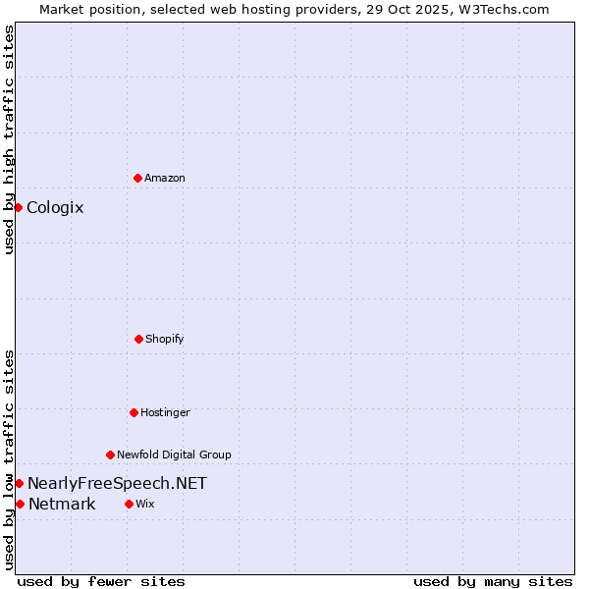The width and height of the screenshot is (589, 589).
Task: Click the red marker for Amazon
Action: tap(137, 178)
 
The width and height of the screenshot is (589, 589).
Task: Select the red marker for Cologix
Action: tap(18, 207)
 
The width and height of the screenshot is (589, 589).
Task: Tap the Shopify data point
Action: tap(138, 339)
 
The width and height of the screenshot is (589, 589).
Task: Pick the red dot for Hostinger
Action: tap(134, 412)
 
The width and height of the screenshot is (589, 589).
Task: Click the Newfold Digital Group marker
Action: tap(110, 455)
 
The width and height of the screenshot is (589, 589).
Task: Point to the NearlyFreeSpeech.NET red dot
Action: tap(19, 483)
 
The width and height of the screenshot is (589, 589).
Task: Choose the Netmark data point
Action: tap(20, 504)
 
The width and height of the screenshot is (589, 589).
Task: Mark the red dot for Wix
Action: tap(129, 504)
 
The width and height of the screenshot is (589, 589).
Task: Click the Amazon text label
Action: tap(165, 178)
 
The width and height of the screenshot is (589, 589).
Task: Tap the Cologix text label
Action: tap(55, 207)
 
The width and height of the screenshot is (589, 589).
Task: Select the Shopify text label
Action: tap(165, 339)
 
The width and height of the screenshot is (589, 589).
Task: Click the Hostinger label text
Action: tap(165, 412)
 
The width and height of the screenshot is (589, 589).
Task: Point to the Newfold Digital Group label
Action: tap(174, 455)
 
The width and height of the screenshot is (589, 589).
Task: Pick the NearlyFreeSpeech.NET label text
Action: tap(117, 483)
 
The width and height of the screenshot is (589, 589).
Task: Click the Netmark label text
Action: tap(62, 505)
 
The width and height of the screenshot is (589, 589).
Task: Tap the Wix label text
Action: tap(145, 504)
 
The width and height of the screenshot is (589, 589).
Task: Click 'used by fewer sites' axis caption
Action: tap(101, 581)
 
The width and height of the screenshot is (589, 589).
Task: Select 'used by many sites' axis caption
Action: tap(493, 581)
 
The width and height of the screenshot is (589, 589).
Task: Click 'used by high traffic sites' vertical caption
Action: tap(9, 139)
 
